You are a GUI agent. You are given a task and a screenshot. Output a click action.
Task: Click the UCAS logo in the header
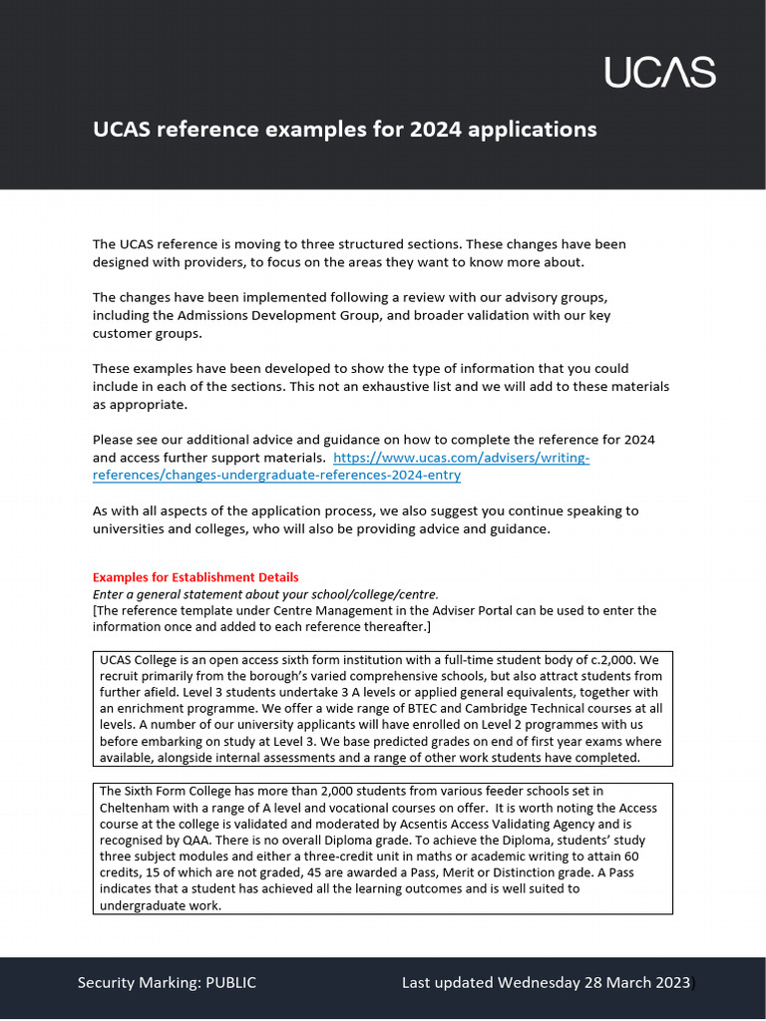[660, 72]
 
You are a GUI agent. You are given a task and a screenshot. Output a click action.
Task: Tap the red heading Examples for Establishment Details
[195, 577]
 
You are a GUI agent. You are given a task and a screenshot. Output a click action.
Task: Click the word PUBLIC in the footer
[230, 983]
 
